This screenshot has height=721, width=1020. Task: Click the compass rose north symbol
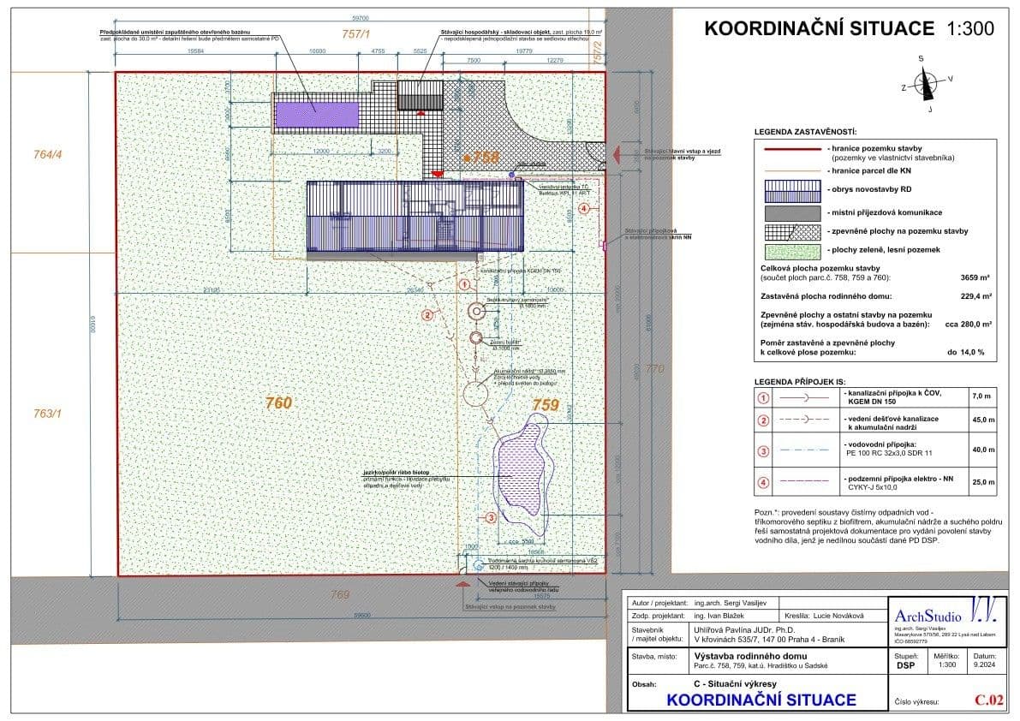pos(925,84)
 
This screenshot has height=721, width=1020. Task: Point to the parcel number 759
pos(546,404)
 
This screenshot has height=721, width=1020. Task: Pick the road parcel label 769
pos(341,593)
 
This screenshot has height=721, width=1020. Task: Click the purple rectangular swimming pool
pos(317,110)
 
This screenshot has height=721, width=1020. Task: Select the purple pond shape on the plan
pos(522,475)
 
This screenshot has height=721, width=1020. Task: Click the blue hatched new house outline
pos(415,219)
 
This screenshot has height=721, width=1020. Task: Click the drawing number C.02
pos(988,700)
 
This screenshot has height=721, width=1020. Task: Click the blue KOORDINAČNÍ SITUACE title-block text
pos(761,700)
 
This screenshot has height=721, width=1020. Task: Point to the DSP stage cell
pos(904,664)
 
